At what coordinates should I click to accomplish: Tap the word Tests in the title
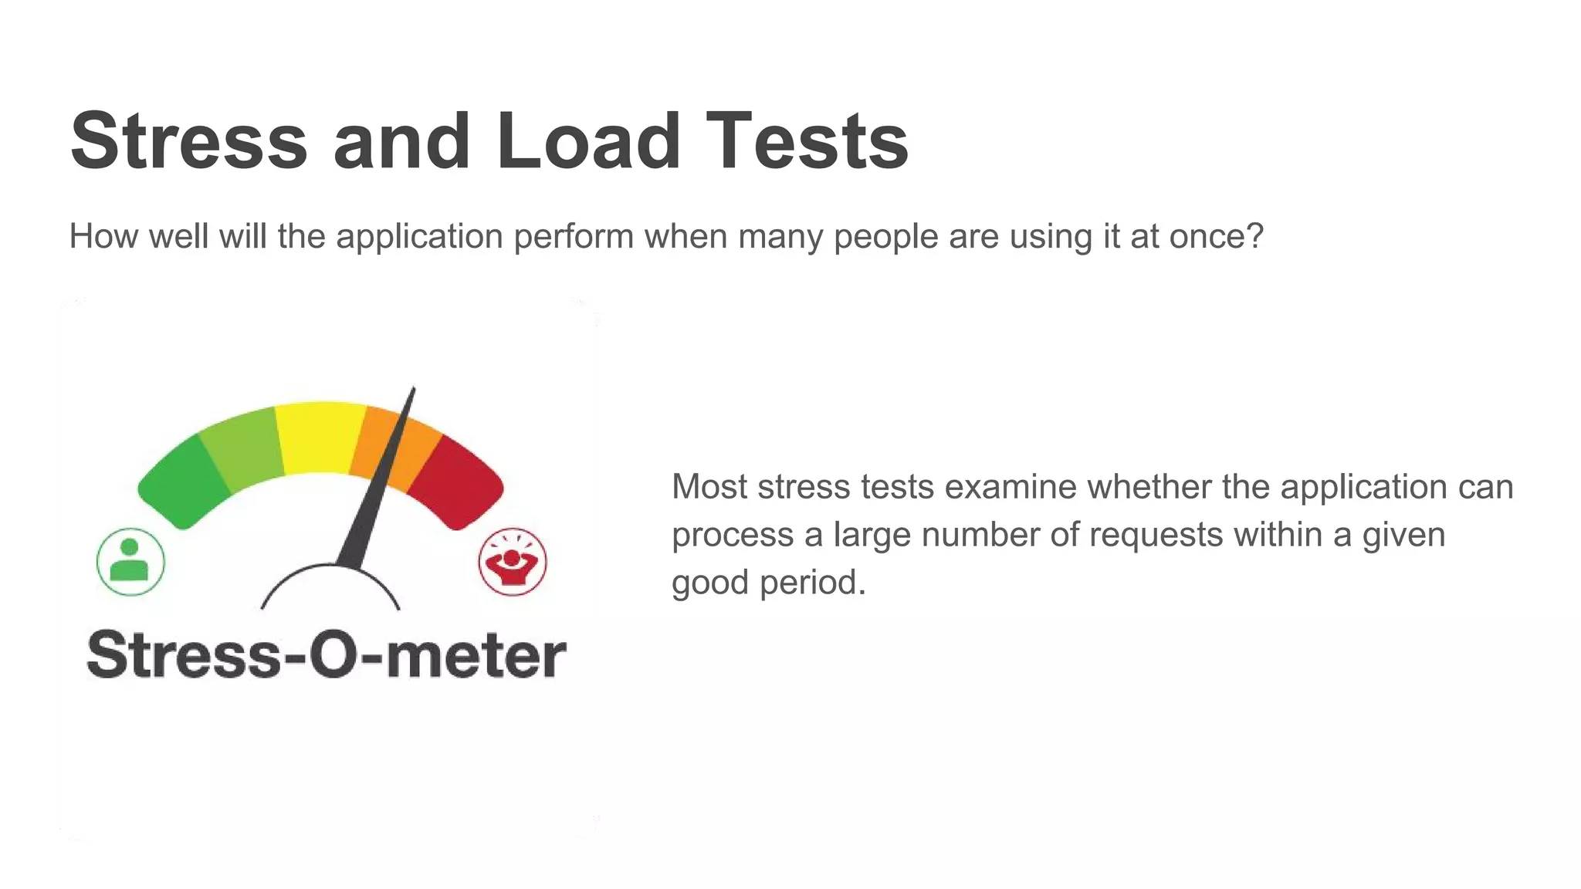click(x=807, y=140)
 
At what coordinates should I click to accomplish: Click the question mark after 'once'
click(x=1254, y=236)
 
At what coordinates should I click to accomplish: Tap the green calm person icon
click(x=130, y=562)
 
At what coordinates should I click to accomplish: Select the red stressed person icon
click(x=513, y=562)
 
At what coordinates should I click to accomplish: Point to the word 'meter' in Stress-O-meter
click(x=476, y=656)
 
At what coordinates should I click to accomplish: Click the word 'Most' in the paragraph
click(x=709, y=487)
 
